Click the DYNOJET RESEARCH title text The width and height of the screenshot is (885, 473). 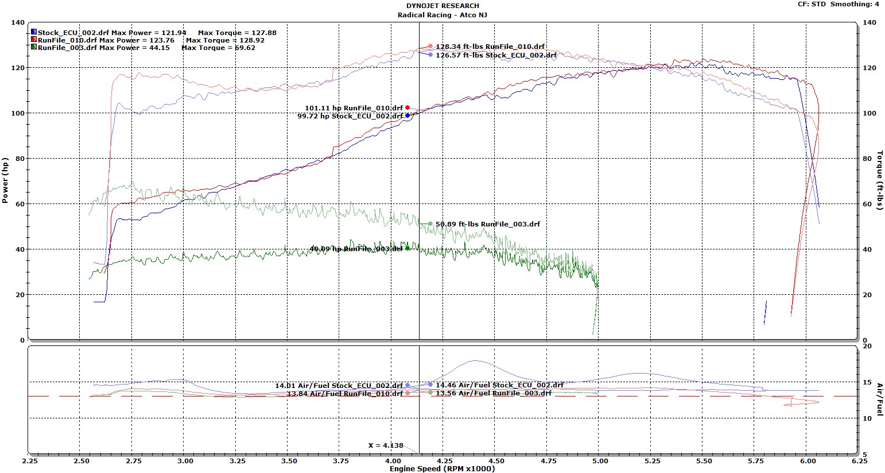pos(442,6)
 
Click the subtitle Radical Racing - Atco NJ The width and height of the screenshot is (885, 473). pos(442,14)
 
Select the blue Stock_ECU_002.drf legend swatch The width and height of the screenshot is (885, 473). pos(34,33)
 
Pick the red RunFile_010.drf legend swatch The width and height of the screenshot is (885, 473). pos(34,40)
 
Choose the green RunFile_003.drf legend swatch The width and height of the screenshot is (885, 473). pos(34,48)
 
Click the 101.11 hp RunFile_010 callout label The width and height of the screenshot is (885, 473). pos(354,108)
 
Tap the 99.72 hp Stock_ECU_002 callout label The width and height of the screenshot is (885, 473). pos(350,116)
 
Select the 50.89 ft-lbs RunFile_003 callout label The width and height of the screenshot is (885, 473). pos(487,224)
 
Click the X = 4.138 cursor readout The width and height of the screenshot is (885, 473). pos(386,445)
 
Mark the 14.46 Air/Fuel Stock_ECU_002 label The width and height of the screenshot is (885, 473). pos(499,385)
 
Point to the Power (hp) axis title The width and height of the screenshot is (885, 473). pos(6,180)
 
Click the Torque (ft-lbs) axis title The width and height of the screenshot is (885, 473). pos(879,180)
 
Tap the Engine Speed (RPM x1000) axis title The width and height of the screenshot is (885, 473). pos(442,468)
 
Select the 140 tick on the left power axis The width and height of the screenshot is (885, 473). pos(18,22)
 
